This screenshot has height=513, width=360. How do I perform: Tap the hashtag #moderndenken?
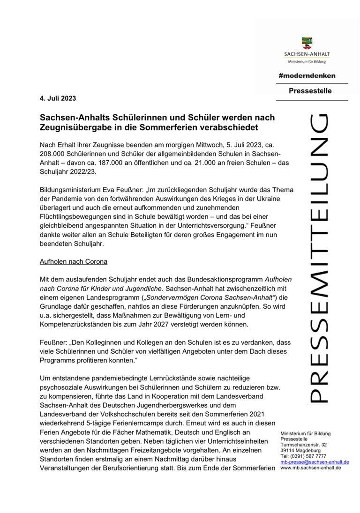click(x=307, y=75)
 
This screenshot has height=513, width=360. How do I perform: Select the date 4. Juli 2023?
click(x=58, y=98)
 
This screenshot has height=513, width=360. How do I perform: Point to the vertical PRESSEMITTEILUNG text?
click(x=319, y=258)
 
